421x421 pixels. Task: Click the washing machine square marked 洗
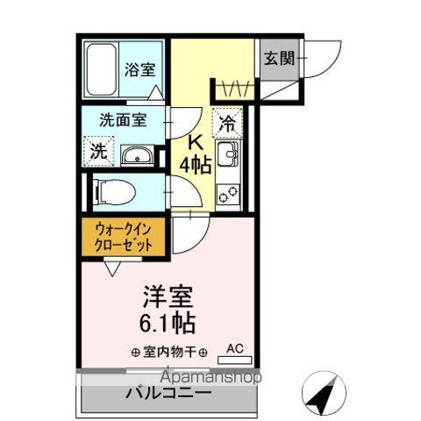(x=99, y=151)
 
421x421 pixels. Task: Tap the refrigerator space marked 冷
(x=227, y=125)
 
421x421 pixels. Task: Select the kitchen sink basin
(x=227, y=158)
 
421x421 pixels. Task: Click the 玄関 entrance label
(x=279, y=60)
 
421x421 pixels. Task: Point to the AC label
(x=235, y=349)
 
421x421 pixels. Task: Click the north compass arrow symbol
(x=323, y=392)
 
